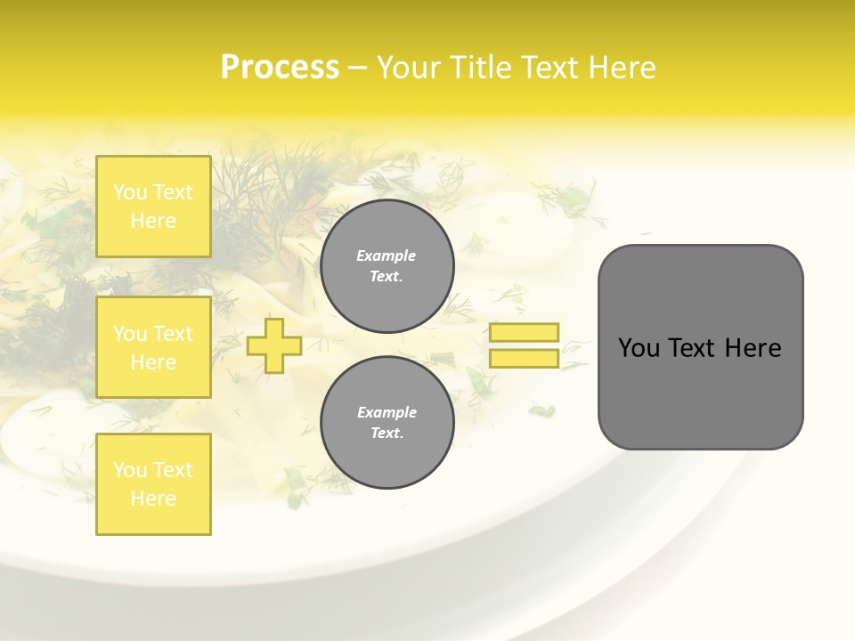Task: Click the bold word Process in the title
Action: point(280,68)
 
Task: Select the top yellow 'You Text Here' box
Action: point(153,207)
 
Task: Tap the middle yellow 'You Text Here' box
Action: point(153,347)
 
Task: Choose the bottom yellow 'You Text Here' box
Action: point(153,484)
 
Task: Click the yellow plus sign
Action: point(274,345)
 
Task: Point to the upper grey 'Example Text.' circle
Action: point(387,266)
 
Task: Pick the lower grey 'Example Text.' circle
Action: point(387,423)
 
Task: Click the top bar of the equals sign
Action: point(524,333)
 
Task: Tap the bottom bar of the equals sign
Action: point(524,359)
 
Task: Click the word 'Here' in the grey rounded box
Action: point(753,348)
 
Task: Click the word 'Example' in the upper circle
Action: point(387,256)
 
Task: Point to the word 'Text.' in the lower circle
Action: point(387,434)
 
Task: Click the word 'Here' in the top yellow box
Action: point(153,221)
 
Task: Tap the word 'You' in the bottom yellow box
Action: point(131,470)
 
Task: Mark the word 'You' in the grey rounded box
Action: point(638,348)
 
